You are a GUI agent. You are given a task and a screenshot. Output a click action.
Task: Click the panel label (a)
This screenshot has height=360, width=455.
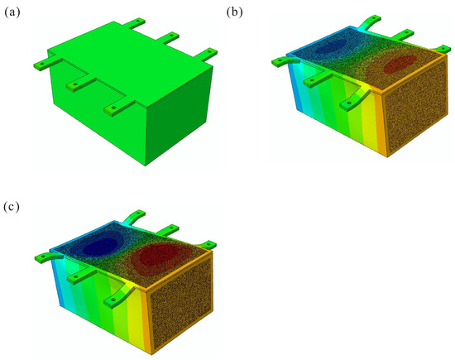click(12, 12)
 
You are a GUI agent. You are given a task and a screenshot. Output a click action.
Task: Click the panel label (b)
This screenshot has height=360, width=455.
click(234, 12)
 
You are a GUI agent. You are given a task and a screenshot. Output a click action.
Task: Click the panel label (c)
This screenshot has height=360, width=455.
click(12, 207)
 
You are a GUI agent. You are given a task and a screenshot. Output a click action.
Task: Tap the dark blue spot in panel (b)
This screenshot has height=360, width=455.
click(331, 46)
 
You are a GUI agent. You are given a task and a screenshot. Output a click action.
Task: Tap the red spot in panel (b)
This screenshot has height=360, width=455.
click(400, 64)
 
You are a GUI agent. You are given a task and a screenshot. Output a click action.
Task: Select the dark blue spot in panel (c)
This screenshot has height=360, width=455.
click(100, 246)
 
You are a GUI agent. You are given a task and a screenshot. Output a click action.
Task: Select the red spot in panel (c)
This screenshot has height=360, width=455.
click(158, 255)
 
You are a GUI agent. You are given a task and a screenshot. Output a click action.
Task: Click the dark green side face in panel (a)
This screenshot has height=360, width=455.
click(180, 116)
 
